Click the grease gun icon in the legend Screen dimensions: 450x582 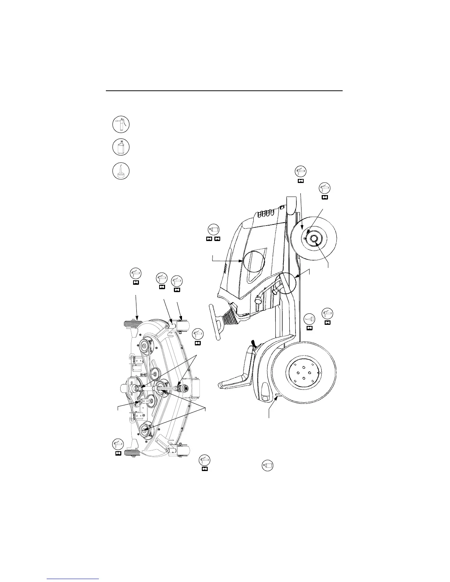[x=120, y=125]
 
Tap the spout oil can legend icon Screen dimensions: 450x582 [x=120, y=171]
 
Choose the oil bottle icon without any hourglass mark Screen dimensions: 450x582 [x=268, y=466]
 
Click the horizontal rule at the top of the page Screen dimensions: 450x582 [x=224, y=90]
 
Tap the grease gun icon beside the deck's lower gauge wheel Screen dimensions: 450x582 [x=118, y=444]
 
